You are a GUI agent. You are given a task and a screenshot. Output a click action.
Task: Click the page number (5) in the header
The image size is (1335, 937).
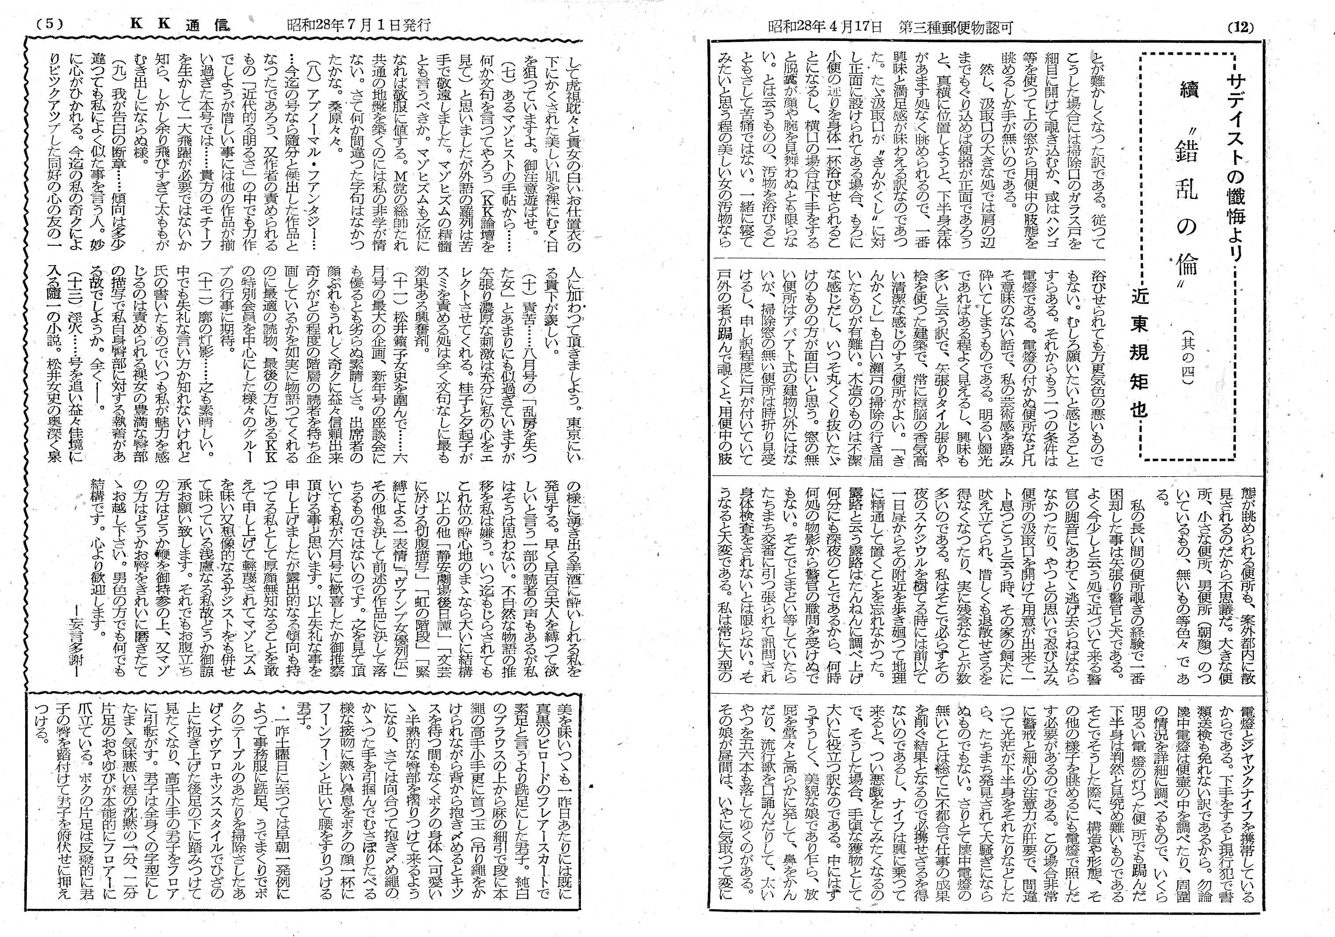[x=49, y=25]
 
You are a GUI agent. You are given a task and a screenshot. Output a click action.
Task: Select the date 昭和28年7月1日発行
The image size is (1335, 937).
[x=359, y=25]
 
